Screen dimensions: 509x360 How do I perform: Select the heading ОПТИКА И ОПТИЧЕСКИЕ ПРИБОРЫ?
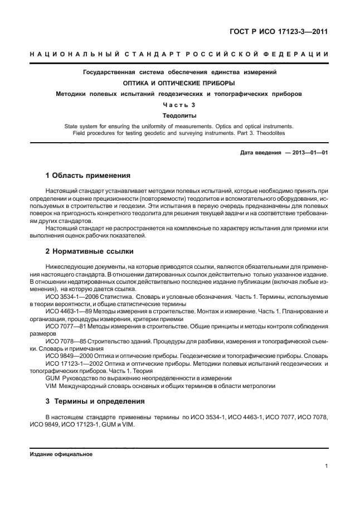pos(179,83)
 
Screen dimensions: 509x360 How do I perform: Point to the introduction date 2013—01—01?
pos(309,152)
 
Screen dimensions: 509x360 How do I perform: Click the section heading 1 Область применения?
pos(87,175)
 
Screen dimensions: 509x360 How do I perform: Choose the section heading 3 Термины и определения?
pos(95,401)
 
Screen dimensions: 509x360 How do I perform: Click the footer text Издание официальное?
pos(60,454)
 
